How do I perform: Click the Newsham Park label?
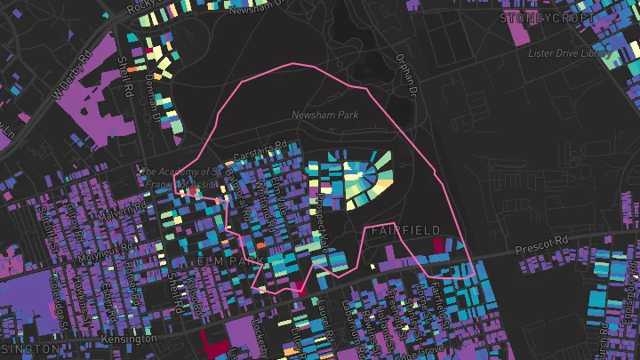tap(323, 116)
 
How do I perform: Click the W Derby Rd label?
tap(73, 78)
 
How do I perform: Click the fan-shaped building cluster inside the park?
tap(360, 178)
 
